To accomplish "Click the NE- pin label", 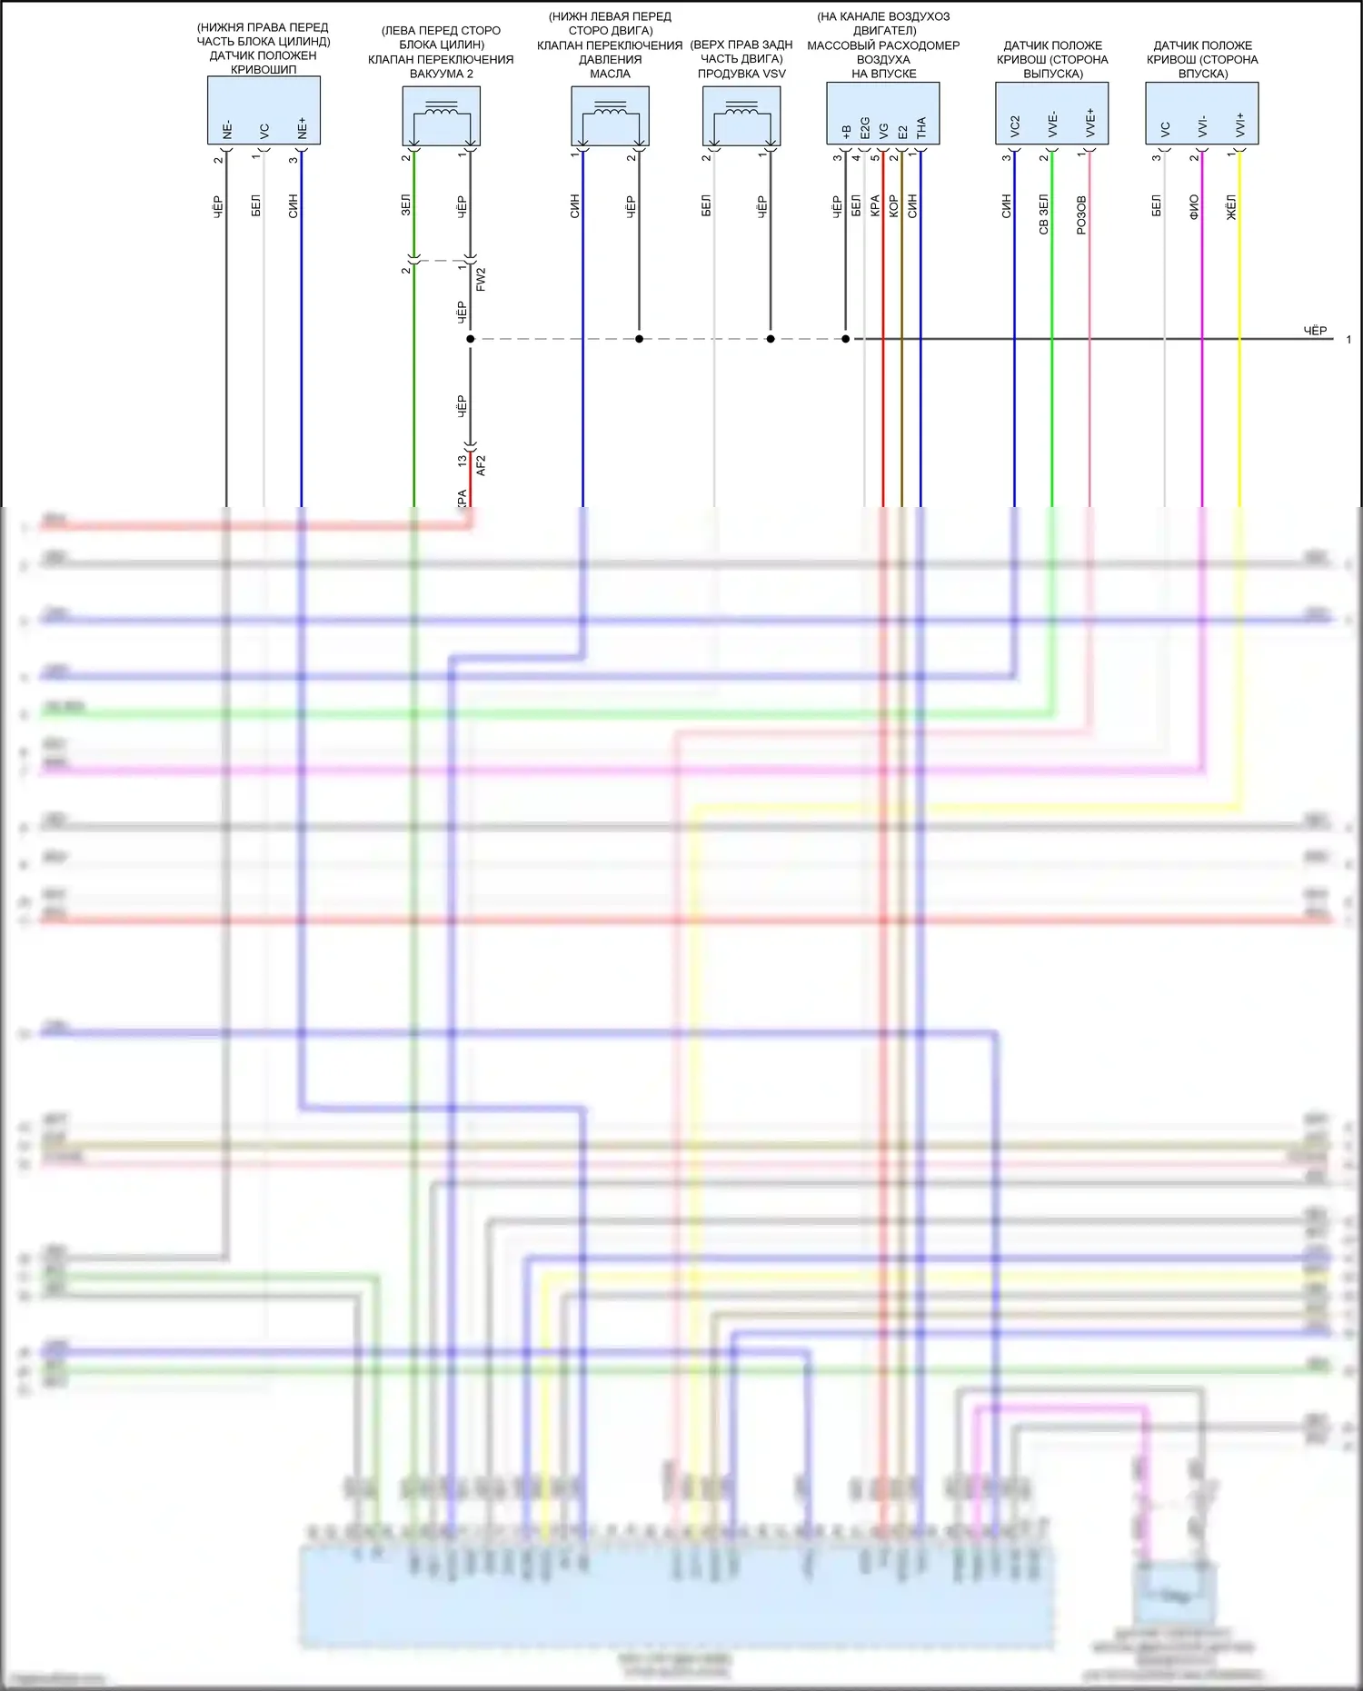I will point(227,130).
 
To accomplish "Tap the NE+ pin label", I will point(302,129).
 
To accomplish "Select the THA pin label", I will point(921,127).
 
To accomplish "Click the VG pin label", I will point(884,131).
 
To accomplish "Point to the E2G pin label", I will point(865,127).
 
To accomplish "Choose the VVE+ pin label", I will point(1090,124).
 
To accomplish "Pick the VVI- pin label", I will point(1202,126).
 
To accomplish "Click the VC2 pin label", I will point(1015,126).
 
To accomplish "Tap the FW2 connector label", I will point(481,279).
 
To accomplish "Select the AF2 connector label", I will point(481,465).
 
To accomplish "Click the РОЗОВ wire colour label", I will point(1081,215).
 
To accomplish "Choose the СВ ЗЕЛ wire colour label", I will point(1043,214).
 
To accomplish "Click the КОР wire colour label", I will point(893,205).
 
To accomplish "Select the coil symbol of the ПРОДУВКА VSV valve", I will point(741,112).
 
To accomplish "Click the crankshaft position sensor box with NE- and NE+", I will point(264,110).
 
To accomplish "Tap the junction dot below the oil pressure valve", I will point(639,339).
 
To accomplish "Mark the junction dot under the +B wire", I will point(846,339).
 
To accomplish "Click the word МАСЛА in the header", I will point(610,74).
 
